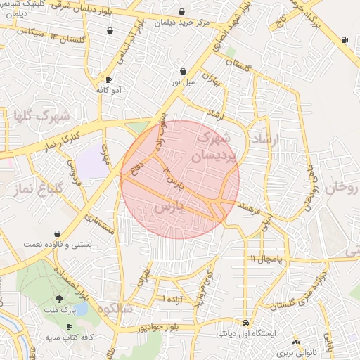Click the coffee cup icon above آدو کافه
point(108,80)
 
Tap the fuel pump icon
point(343,39)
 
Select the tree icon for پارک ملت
point(68,300)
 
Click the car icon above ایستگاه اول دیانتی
point(245,322)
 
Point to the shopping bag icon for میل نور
point(184,71)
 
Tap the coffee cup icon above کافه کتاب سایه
point(69,327)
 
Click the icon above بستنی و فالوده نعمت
point(56,233)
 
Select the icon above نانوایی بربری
point(296,342)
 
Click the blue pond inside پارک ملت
point(81,309)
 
